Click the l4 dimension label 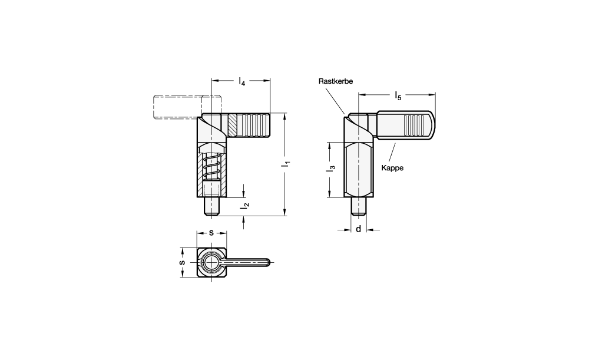[x=242, y=81]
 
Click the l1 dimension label [x=287, y=164]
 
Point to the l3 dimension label [x=331, y=169]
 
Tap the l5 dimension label [x=398, y=96]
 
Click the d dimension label [x=358, y=229]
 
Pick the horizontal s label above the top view [x=211, y=233]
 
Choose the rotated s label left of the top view [x=183, y=262]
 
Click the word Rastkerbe [x=336, y=81]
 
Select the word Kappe [x=392, y=168]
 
